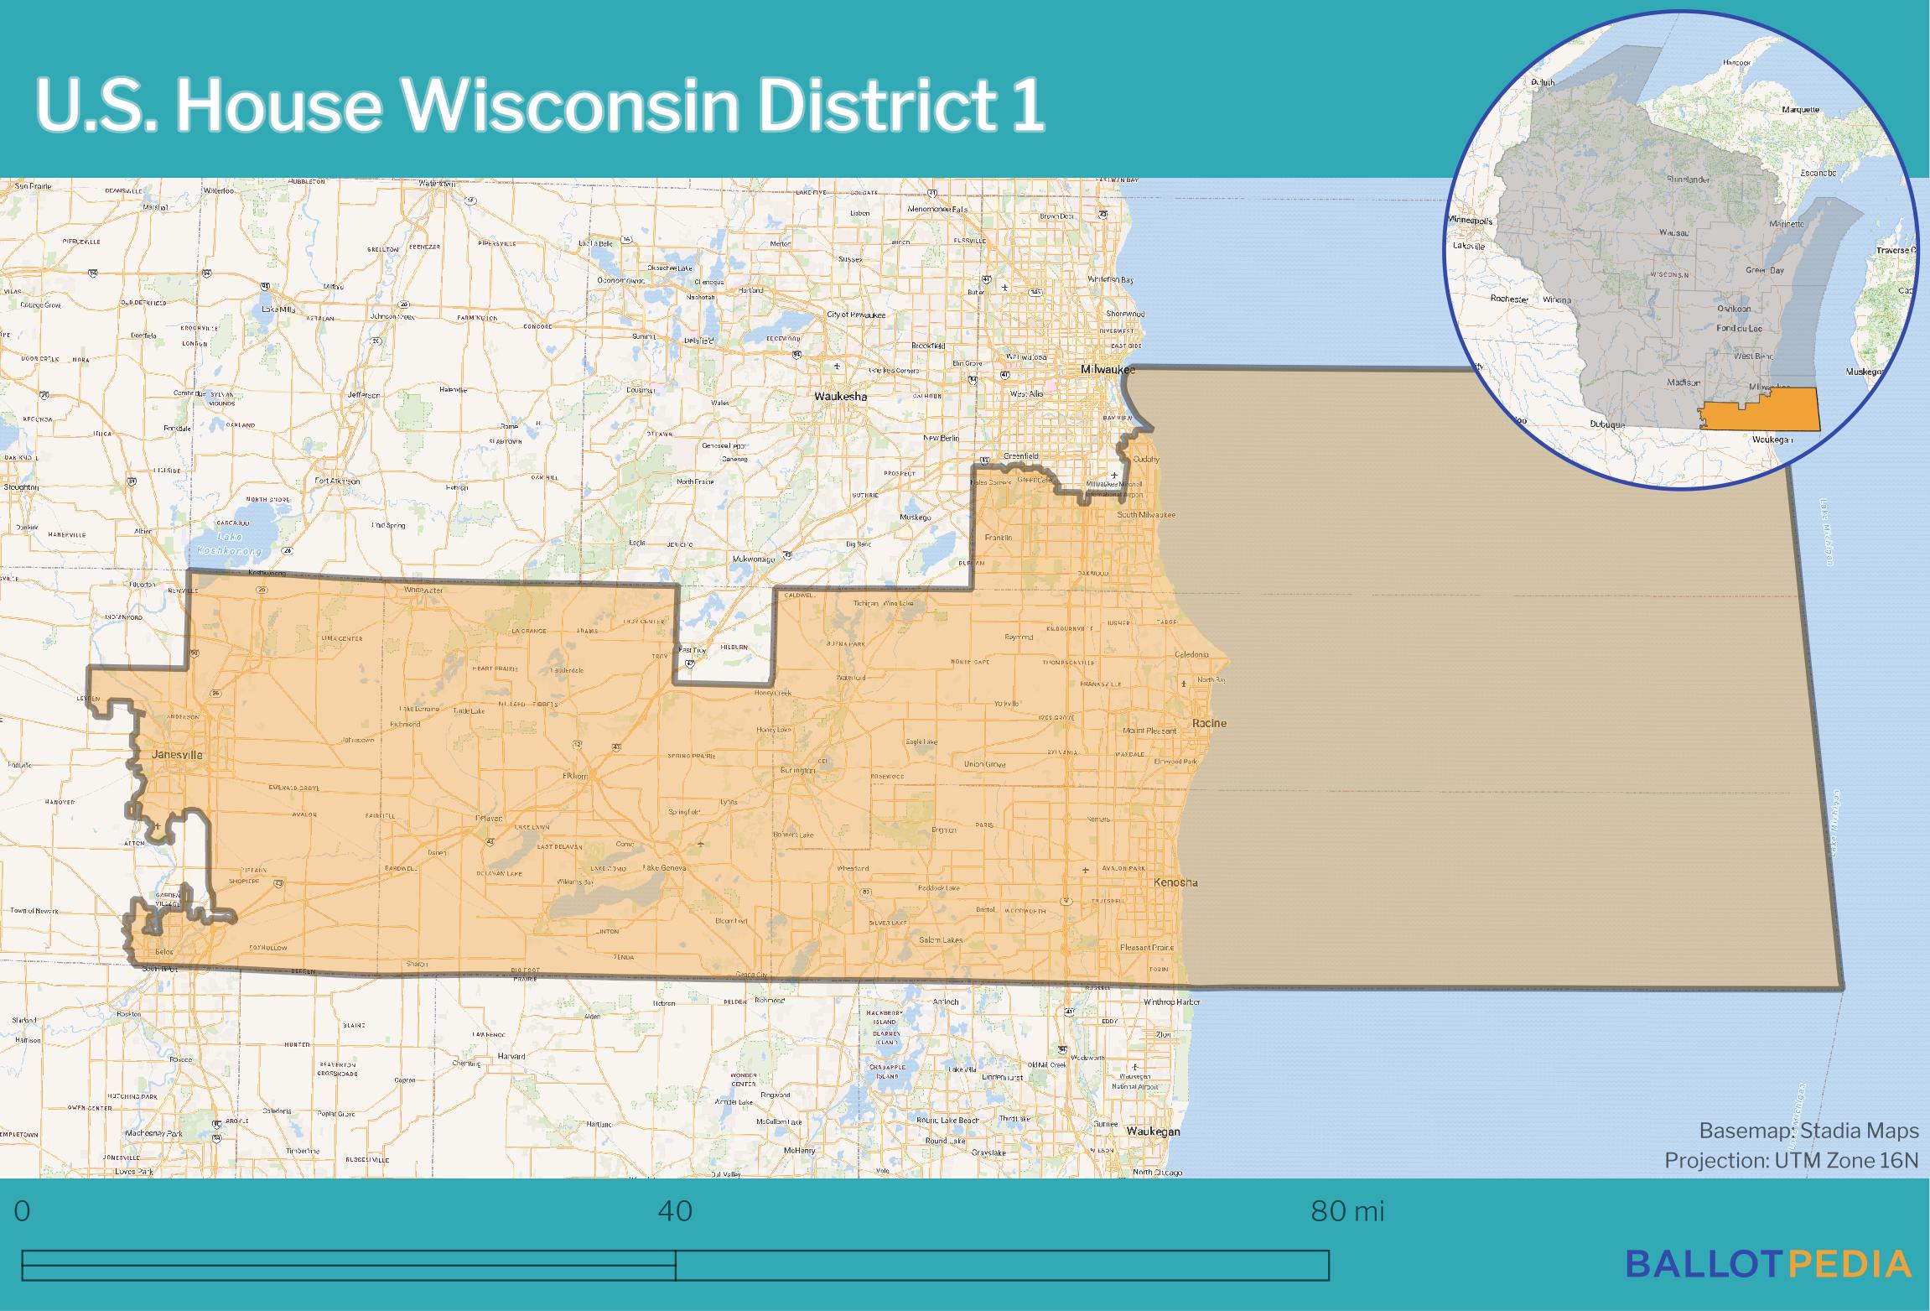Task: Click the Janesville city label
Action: (x=177, y=755)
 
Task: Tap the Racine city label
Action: (x=1211, y=723)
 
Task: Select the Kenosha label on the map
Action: (x=1176, y=882)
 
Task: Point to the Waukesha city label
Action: (x=842, y=397)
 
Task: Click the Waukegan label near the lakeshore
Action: (x=1153, y=1131)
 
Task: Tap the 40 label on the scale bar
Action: (x=675, y=1211)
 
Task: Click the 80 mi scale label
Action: (x=1347, y=1211)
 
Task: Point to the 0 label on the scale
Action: (x=23, y=1211)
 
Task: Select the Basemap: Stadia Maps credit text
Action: (x=1808, y=1131)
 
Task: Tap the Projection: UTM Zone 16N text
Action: (x=1791, y=1160)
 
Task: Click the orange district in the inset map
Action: (x=1761, y=411)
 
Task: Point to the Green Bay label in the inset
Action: (x=1765, y=270)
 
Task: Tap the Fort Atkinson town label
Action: (x=337, y=481)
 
